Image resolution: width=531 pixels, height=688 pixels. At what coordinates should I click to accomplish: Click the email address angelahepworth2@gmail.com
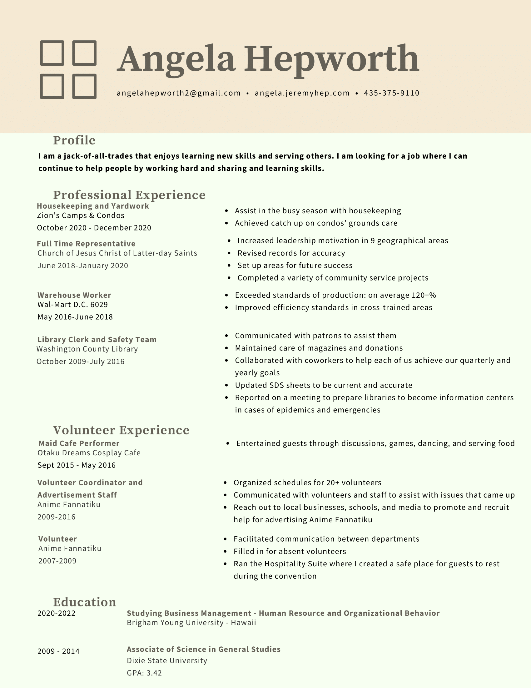pos(178,93)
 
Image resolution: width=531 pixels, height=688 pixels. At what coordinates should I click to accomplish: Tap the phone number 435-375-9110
pos(391,93)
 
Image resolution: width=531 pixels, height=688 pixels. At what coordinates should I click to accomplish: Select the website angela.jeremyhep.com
pos(302,93)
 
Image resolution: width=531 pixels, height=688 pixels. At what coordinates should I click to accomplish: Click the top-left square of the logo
pos(52,53)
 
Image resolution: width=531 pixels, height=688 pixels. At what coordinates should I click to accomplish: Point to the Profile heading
pos(74,140)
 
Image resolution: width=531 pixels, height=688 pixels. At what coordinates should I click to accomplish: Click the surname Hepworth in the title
pos(331,58)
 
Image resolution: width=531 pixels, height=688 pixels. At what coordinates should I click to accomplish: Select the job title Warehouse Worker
pos(74,295)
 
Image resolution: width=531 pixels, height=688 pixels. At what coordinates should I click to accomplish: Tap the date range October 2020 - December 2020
pos(94,228)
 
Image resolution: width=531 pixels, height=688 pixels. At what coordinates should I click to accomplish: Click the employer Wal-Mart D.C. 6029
pos(73,305)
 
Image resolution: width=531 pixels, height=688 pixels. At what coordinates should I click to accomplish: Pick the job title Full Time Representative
pos(86,244)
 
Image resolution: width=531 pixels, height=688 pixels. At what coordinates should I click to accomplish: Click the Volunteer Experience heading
pos(121,430)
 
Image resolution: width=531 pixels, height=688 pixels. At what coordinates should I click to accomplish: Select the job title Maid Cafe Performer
pos(79,443)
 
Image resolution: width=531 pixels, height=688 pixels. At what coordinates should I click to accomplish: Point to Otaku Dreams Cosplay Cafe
pos(89,453)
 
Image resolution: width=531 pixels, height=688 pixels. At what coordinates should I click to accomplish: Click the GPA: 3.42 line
pos(144,673)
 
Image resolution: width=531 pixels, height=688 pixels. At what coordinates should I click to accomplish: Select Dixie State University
pos(167,660)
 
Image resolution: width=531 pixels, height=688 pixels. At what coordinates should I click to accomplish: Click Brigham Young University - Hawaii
pos(191,623)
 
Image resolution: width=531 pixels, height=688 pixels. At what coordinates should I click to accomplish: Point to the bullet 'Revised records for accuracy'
pos(291,253)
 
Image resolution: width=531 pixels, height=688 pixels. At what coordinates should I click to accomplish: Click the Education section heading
pos(85,602)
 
